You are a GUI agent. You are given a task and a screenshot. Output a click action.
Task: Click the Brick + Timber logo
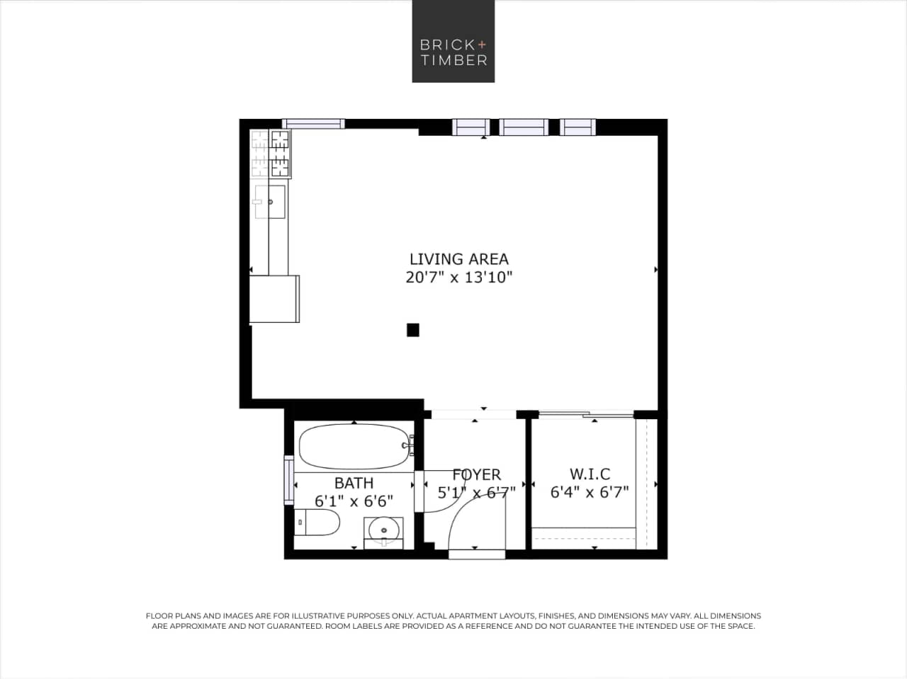click(453, 41)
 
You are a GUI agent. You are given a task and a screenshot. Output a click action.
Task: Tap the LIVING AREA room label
click(458, 259)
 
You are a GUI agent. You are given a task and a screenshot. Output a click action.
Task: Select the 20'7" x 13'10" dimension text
click(458, 278)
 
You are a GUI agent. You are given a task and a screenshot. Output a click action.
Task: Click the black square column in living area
click(412, 329)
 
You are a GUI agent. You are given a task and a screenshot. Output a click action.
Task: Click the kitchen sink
click(269, 202)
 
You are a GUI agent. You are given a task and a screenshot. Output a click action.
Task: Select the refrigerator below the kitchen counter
click(274, 299)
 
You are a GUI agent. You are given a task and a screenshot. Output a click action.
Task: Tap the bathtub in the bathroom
click(353, 446)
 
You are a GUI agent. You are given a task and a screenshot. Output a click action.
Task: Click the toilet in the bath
click(317, 523)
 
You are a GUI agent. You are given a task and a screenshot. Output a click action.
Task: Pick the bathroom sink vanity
click(383, 530)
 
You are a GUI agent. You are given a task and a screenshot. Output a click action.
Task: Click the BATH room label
click(354, 483)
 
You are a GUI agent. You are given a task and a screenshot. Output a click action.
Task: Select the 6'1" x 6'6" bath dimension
click(354, 501)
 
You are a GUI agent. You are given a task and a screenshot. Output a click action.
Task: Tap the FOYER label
click(476, 474)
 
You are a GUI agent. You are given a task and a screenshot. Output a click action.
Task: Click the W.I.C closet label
click(590, 474)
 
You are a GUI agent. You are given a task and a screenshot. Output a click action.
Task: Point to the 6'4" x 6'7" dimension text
click(590, 492)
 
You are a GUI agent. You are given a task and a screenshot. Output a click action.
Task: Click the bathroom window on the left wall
click(288, 480)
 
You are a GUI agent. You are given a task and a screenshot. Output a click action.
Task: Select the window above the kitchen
click(313, 124)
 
